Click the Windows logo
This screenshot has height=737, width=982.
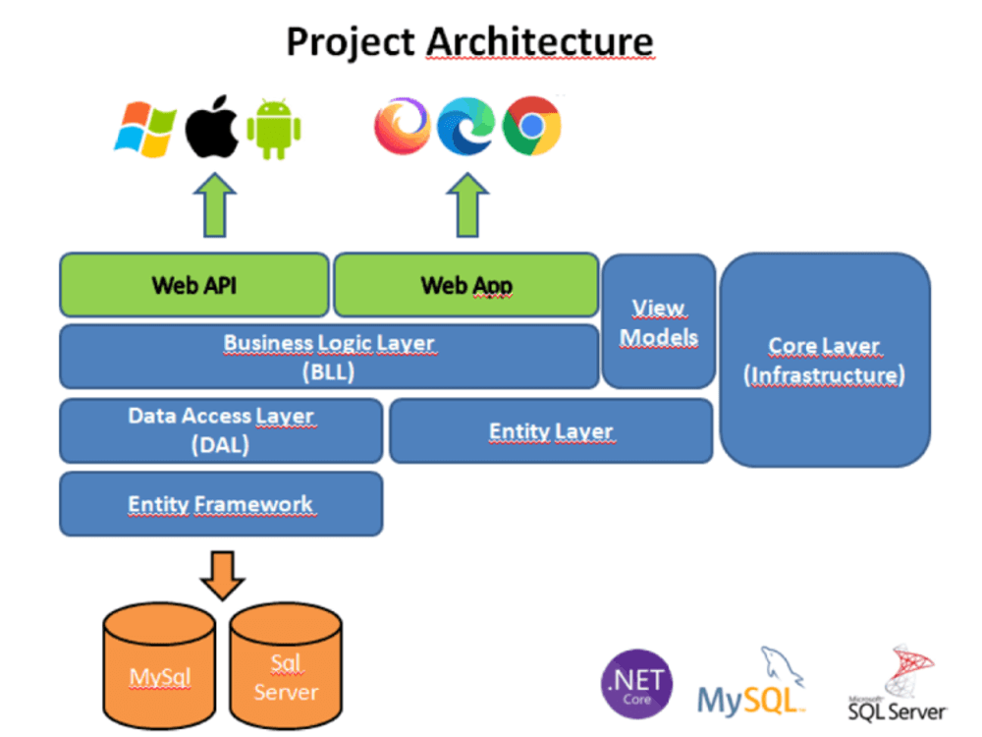coord(144,129)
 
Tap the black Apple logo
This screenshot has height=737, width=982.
coord(212,127)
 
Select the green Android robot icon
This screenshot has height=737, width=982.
coord(274,129)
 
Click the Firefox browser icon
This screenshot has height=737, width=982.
coord(402,127)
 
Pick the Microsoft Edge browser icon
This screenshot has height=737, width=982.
coord(465,127)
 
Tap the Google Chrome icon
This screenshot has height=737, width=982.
coord(531,127)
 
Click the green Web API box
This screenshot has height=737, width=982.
coord(194,286)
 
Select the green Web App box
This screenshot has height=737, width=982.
coord(465,286)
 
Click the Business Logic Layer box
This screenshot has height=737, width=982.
coord(329,357)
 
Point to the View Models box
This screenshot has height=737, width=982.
coord(658,321)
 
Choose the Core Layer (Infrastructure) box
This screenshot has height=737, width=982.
coord(825,360)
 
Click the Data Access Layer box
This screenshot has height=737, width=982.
coord(221,430)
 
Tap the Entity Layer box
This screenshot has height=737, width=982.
coord(550,430)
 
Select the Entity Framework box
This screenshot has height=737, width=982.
coord(221,504)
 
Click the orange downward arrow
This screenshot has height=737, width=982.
coord(221,573)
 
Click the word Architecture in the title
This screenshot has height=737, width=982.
coord(539,41)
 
